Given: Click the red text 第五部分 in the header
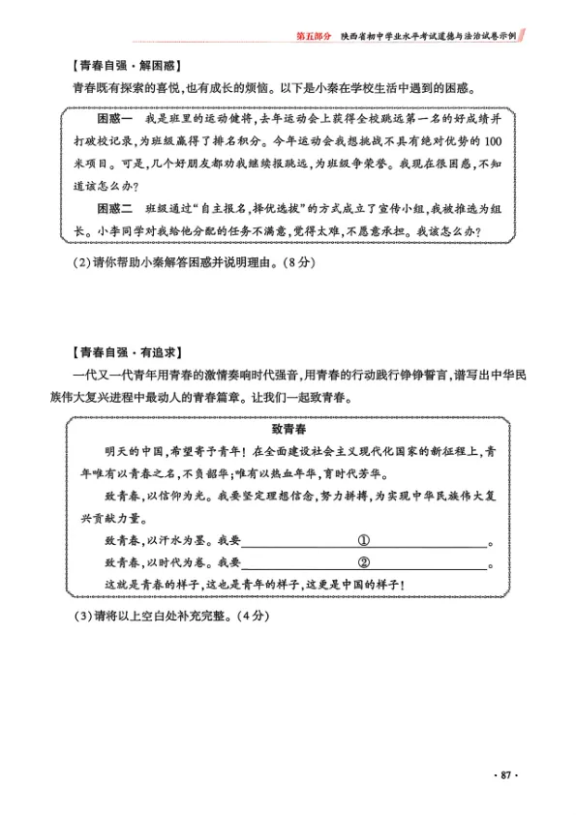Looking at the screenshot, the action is (314, 35).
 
